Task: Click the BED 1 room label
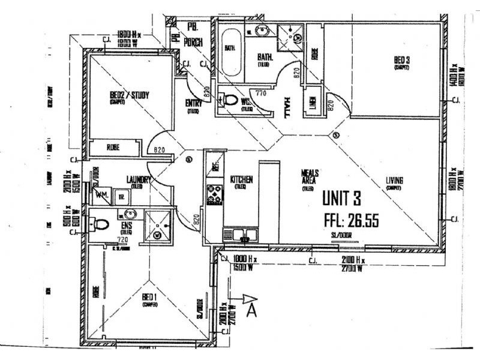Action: (x=149, y=298)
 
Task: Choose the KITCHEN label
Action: (x=241, y=179)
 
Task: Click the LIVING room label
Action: (x=394, y=181)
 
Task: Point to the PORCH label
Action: (x=195, y=41)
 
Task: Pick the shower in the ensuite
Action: (x=159, y=226)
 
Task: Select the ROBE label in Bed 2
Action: (x=113, y=147)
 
